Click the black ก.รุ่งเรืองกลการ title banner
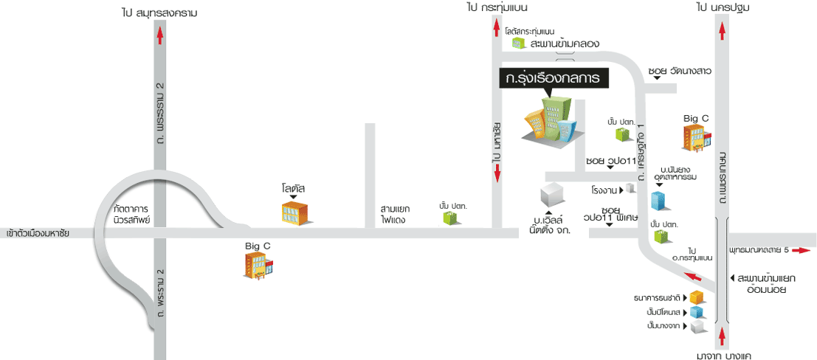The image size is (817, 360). coord(553,78)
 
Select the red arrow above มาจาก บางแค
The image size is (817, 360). coord(722,338)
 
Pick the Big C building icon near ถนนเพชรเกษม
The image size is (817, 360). coord(697,138)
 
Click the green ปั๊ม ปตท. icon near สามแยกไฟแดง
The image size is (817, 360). coord(449,218)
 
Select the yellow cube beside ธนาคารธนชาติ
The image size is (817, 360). coord(696,297)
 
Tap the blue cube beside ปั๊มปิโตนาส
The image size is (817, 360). coord(696,311)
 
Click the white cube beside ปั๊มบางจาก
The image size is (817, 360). coord(696,325)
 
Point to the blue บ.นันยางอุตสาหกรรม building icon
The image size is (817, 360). coord(658,201)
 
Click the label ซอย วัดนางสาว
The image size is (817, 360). coord(679,71)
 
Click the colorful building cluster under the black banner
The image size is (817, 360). coord(550,122)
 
